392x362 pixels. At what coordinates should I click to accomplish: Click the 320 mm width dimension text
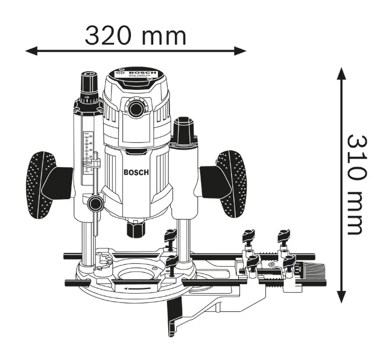point(135,36)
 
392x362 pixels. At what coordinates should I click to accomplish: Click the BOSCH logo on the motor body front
point(136,173)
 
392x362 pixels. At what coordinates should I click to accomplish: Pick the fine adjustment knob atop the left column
point(89,81)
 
